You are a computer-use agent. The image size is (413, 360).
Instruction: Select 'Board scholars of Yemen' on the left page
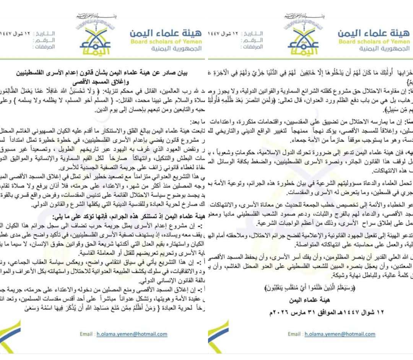[x=166, y=42]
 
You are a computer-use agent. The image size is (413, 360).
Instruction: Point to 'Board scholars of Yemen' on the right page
[x=374, y=42]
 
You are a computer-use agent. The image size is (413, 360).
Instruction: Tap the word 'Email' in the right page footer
[x=294, y=334]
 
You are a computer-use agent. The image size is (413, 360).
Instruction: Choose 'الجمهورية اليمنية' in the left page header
[x=176, y=49]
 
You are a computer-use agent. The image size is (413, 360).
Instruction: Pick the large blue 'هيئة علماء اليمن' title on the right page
[x=373, y=33]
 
